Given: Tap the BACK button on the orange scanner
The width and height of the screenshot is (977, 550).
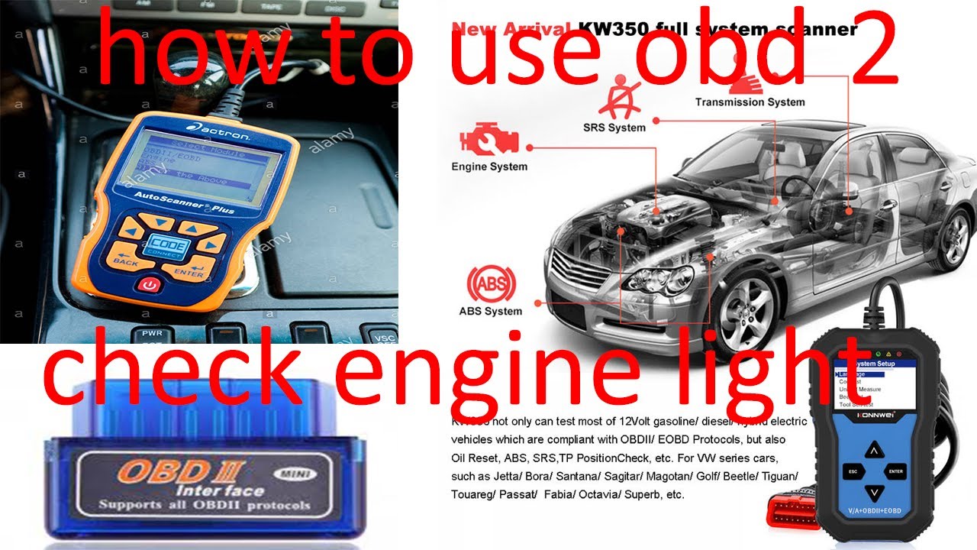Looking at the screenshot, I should (x=127, y=255).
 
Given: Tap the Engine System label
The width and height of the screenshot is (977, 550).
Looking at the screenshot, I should (x=489, y=167).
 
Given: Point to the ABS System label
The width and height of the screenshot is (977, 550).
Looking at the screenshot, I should (x=491, y=311).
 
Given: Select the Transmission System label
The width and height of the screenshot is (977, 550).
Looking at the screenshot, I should (x=750, y=102).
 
